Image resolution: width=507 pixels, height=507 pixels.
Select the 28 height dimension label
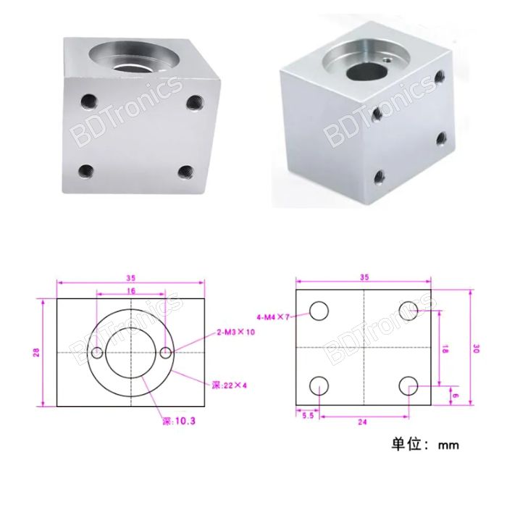35,353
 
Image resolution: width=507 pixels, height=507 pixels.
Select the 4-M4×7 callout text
273,317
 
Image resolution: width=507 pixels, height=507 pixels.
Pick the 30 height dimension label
476,348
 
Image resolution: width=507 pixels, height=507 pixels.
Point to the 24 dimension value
364,419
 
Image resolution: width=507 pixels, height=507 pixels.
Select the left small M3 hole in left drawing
97,353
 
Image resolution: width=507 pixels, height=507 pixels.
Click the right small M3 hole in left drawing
166,353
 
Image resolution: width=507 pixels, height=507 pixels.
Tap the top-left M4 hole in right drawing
319,311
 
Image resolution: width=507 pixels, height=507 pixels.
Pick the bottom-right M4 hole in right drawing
408,386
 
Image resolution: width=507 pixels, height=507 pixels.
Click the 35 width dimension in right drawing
364,277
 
